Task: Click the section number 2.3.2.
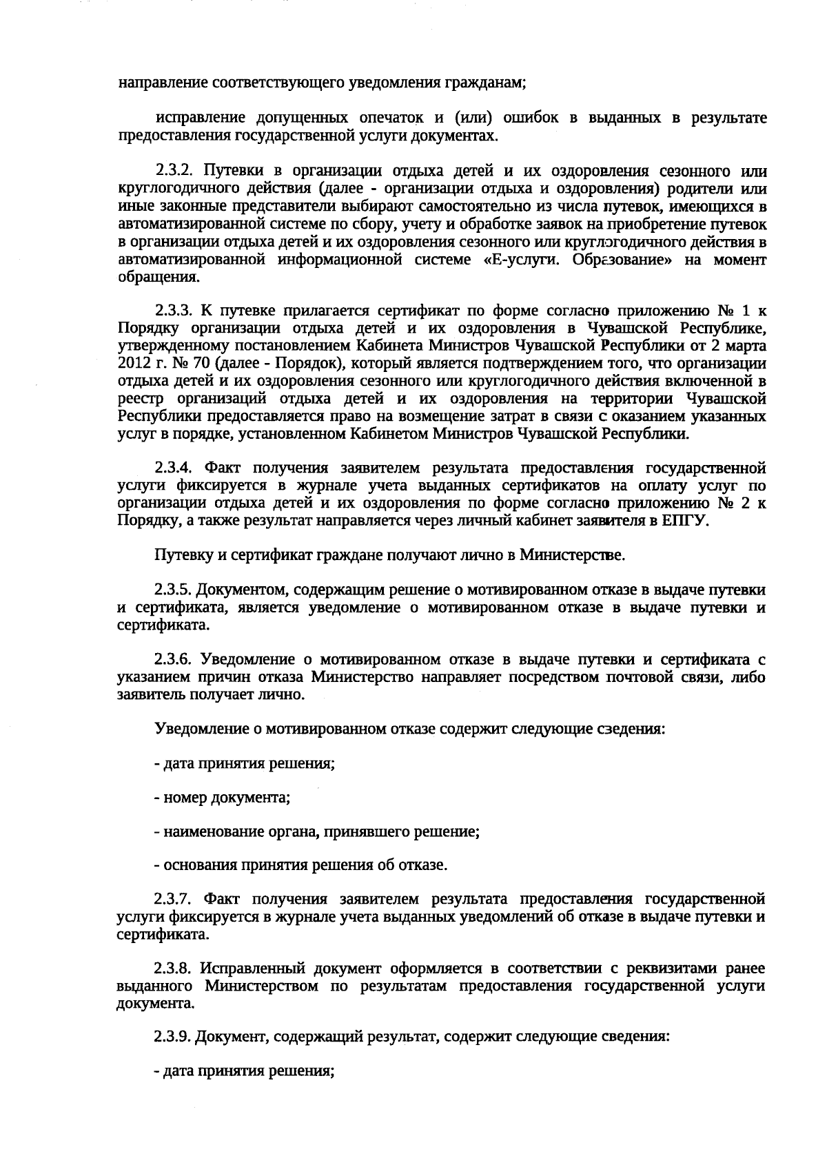click(173, 170)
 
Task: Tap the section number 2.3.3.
click(173, 309)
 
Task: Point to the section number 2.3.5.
click(173, 590)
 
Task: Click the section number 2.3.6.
click(173, 659)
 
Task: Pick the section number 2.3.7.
click(173, 898)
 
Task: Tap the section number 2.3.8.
click(173, 968)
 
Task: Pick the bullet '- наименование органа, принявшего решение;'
click(316, 832)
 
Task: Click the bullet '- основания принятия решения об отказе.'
click(300, 865)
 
